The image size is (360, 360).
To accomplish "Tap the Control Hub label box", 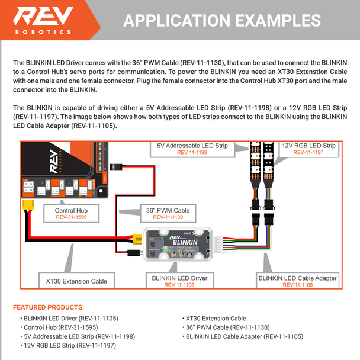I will click(72, 214).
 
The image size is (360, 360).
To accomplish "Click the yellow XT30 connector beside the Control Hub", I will click(27, 208).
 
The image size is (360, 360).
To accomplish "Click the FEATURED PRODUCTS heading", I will click(49, 307).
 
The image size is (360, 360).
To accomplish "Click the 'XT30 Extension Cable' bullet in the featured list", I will click(216, 318).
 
